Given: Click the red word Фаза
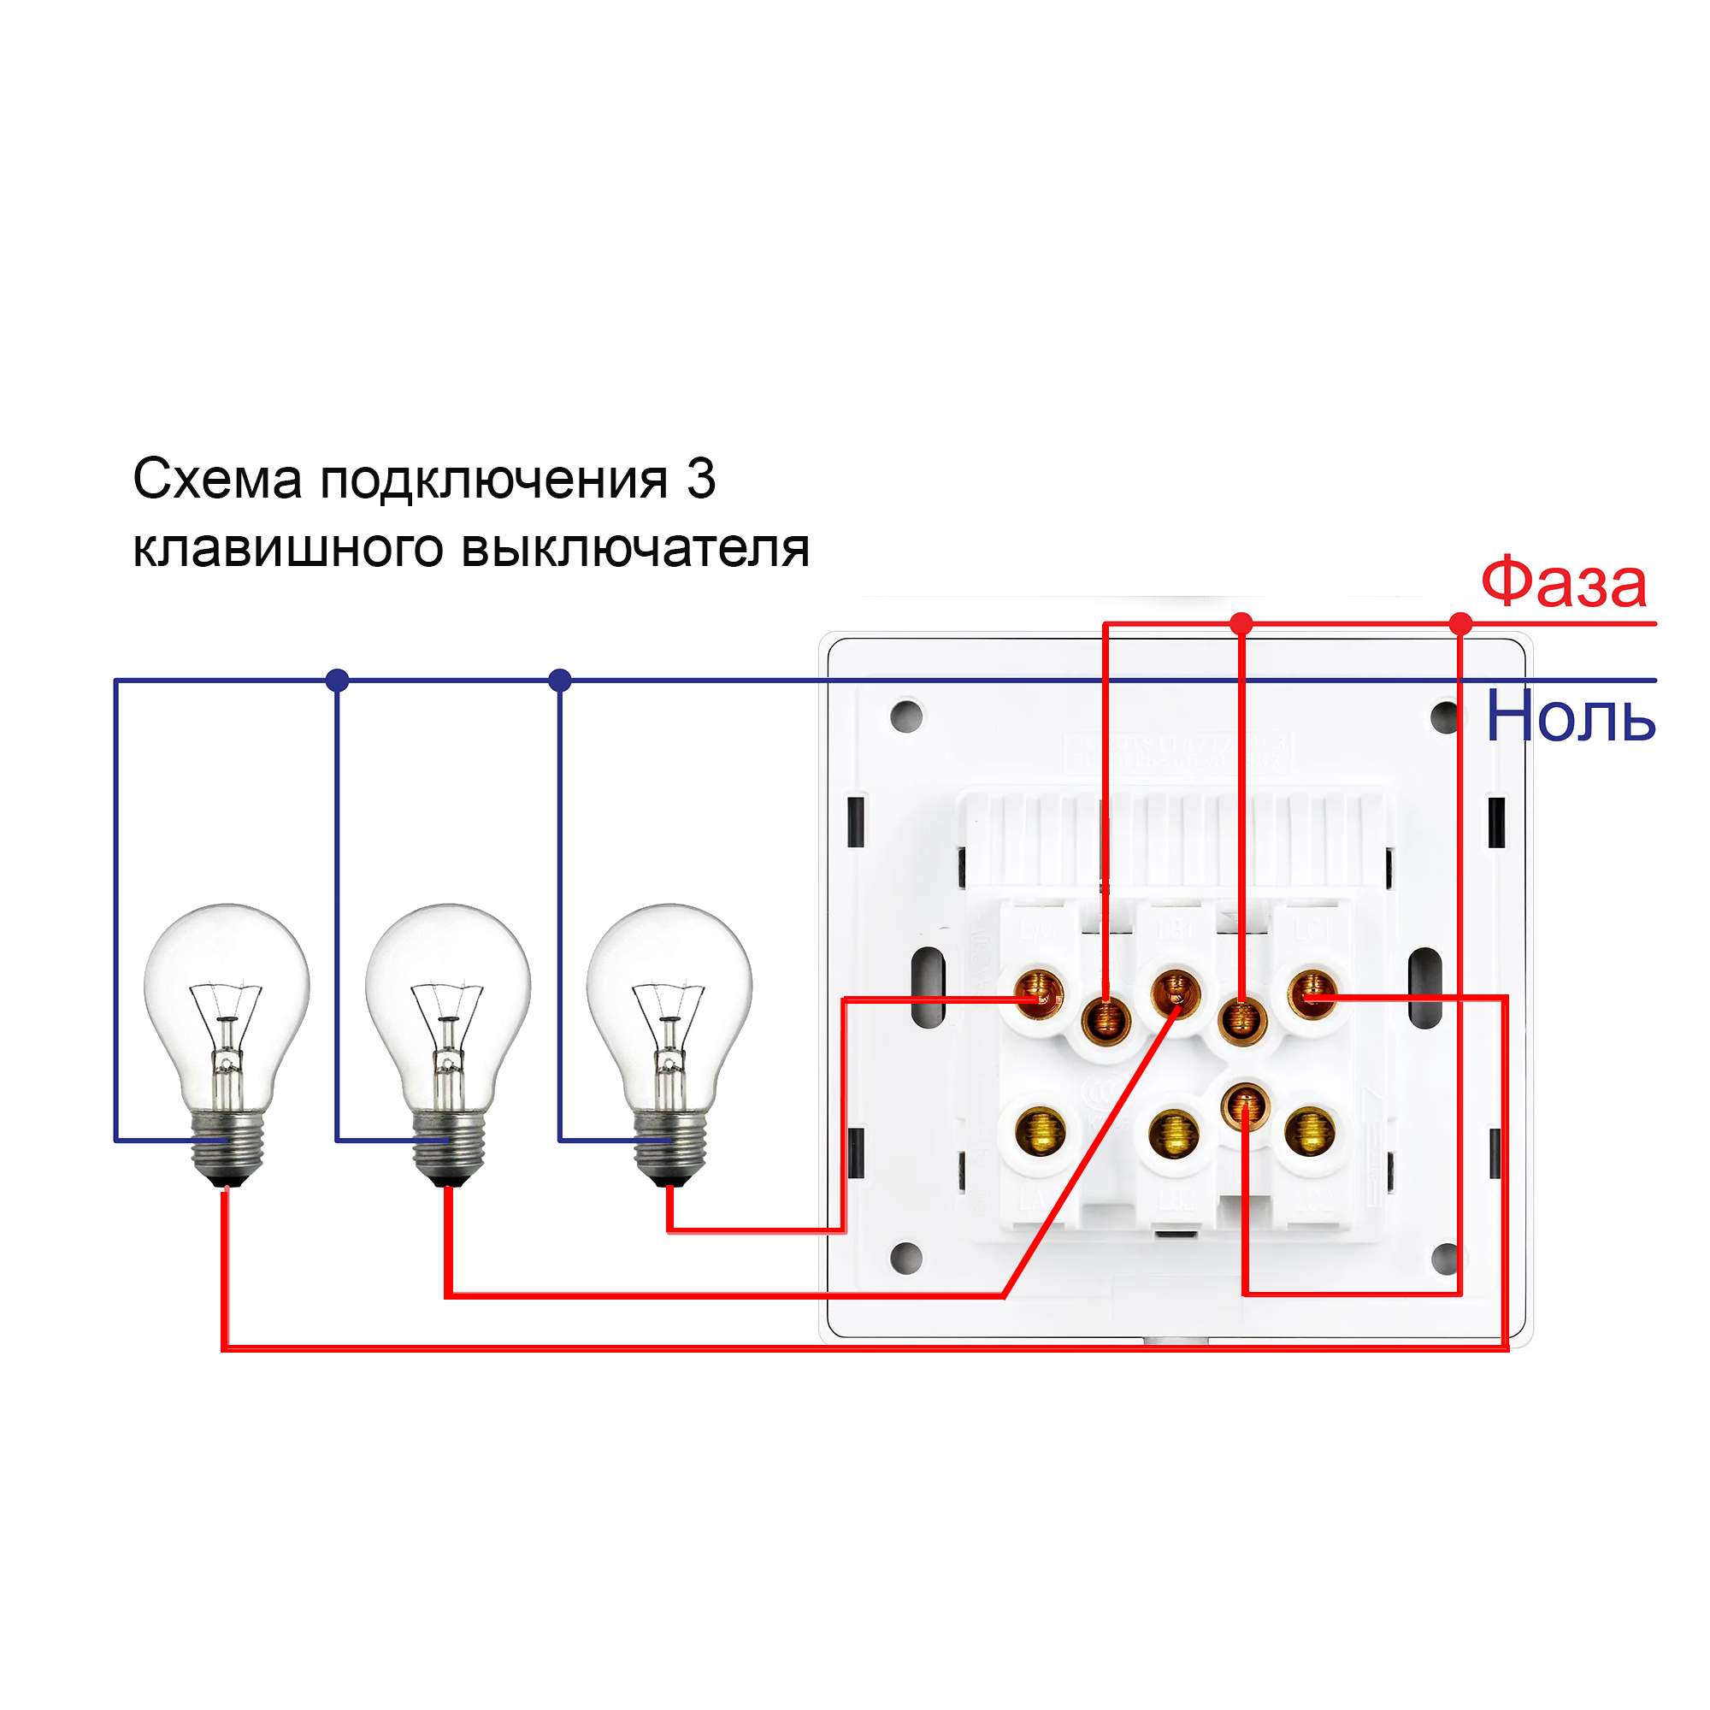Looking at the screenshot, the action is click(1563, 584).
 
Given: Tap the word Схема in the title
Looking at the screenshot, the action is click(218, 480).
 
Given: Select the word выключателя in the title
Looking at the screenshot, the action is click(635, 550).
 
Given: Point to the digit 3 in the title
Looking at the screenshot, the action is click(701, 480).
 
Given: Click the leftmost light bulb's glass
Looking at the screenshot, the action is click(227, 974).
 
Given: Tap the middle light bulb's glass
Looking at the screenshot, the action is click(448, 974).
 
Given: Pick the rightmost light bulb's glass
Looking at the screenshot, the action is click(669, 974).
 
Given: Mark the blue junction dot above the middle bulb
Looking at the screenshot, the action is click(337, 681).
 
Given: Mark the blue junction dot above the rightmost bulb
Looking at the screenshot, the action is click(560, 681).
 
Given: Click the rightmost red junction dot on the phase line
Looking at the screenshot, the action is click(1461, 624).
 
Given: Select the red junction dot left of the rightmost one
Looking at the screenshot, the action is click(1241, 624).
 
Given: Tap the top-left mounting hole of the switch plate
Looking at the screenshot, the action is click(906, 717).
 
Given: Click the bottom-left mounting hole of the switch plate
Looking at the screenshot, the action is click(906, 1257).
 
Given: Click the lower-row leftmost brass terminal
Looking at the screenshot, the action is click(1039, 1133).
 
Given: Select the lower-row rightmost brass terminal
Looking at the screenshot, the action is click(1310, 1133).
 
